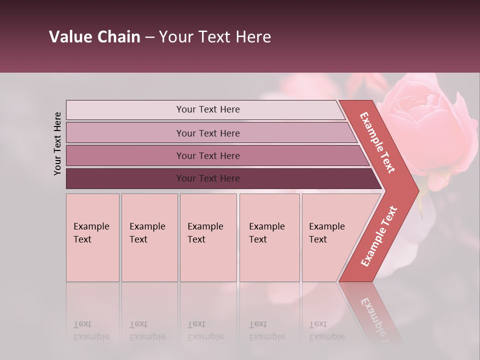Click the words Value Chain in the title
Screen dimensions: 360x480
pos(94,37)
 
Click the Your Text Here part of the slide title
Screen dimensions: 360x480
pos(215,37)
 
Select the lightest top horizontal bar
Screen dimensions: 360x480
pos(125,110)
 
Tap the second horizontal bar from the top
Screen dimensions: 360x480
pos(125,133)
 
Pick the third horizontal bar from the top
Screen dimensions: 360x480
pos(125,155)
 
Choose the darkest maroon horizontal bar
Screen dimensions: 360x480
pos(125,178)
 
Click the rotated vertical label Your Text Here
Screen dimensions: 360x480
pos(57,143)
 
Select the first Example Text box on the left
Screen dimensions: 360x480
pos(92,237)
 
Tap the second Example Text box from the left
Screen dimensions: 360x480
pos(149,237)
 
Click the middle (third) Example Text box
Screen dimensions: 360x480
pos(208,237)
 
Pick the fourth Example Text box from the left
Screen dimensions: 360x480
pos(269,237)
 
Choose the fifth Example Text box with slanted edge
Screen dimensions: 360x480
pos(330,237)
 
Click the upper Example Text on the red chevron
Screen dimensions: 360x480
pos(377,142)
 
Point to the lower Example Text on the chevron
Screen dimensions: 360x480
pos(379,236)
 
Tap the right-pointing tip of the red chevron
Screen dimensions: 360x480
pos(416,190)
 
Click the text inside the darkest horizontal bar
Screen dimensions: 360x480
pos(208,178)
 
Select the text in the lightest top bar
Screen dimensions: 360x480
pos(208,109)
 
